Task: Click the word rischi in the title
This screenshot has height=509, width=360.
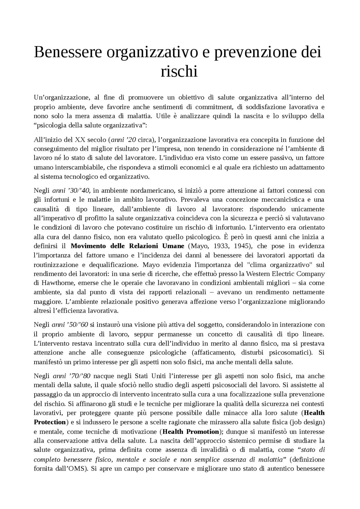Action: (x=179, y=71)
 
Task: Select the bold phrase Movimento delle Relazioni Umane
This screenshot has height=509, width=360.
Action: (x=127, y=246)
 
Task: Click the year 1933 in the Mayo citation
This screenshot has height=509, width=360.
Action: (x=221, y=246)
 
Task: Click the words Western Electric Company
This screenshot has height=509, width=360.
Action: (x=285, y=273)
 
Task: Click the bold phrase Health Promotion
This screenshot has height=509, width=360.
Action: (x=191, y=431)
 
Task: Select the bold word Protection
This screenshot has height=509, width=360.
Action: (x=50, y=422)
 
